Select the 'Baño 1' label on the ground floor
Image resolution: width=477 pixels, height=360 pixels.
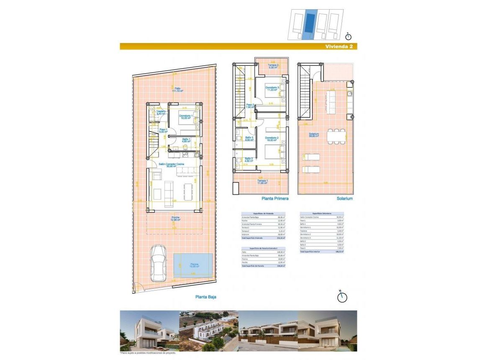(x=186, y=140)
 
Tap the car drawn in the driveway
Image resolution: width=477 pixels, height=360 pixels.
(x=158, y=263)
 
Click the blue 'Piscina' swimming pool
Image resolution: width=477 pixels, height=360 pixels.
(x=193, y=265)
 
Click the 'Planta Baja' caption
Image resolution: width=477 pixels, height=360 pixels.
(x=206, y=297)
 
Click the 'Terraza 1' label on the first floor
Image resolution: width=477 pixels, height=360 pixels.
(x=263, y=182)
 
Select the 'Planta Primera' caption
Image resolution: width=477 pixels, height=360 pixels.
(x=275, y=199)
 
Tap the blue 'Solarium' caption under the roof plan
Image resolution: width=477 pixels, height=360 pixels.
(x=345, y=199)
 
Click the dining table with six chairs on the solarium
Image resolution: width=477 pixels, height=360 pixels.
(x=334, y=136)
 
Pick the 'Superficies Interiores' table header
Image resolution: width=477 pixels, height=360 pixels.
(x=321, y=213)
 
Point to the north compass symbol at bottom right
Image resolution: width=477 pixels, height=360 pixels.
(x=342, y=296)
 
